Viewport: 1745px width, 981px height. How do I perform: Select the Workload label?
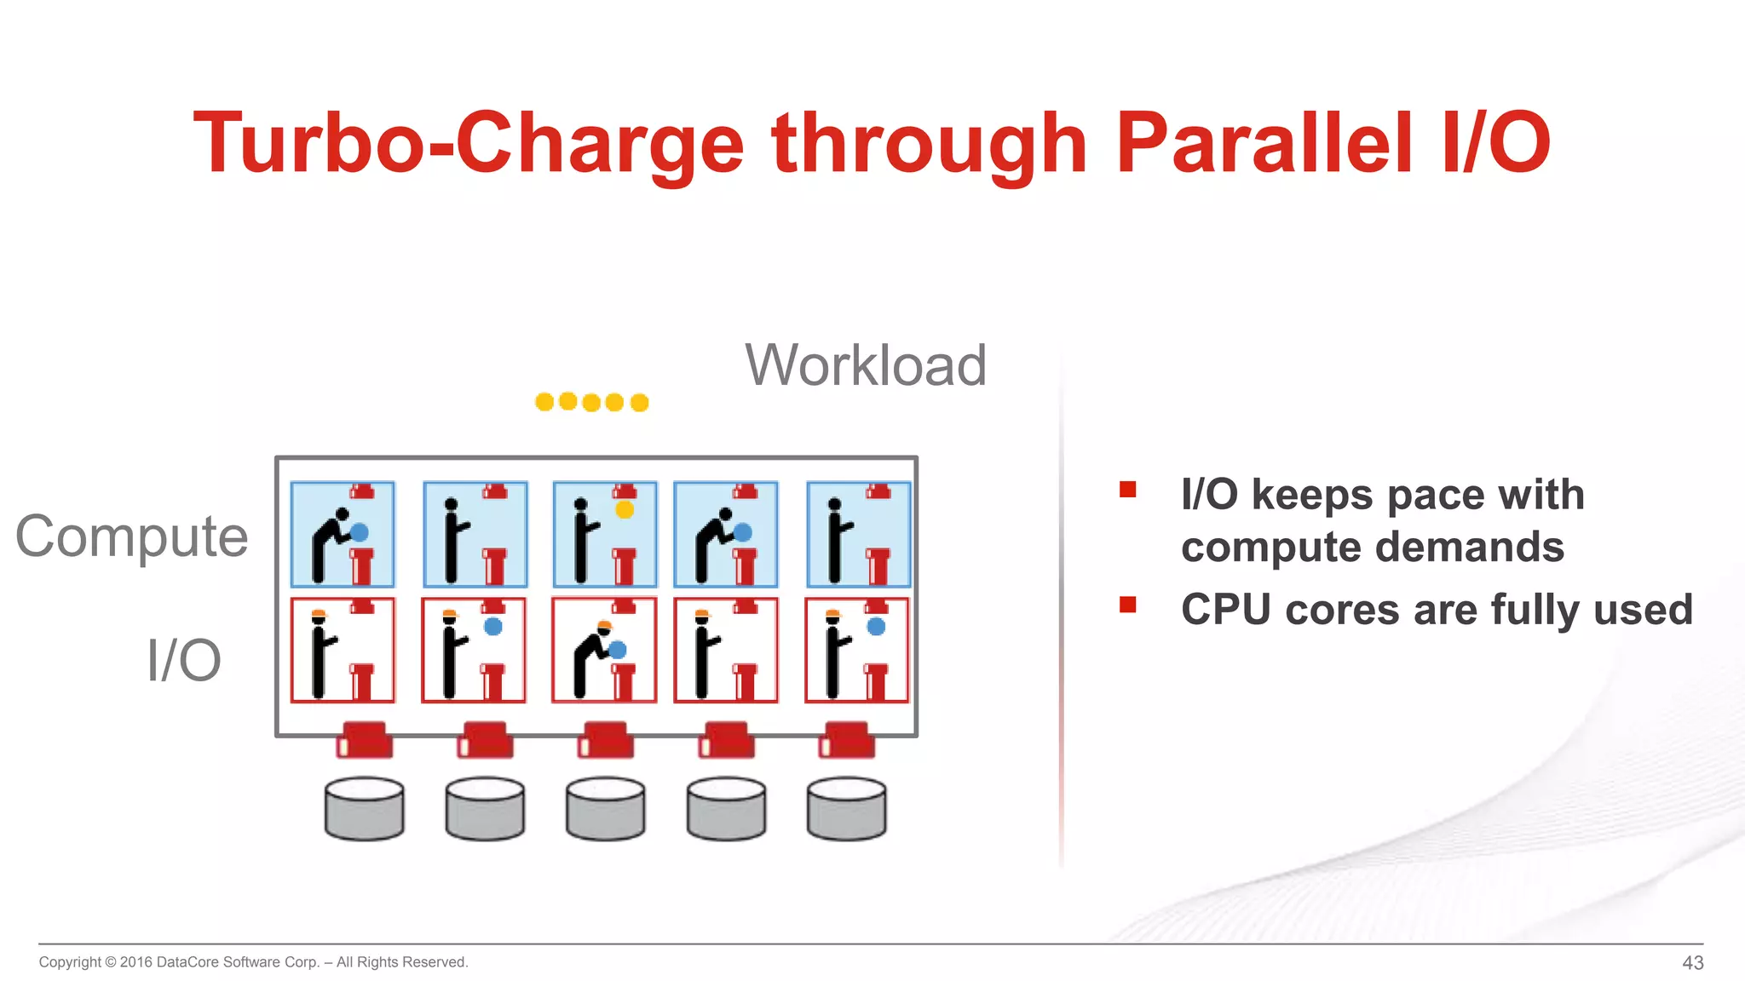click(x=866, y=365)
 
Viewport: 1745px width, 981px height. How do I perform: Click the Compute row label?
click(x=132, y=536)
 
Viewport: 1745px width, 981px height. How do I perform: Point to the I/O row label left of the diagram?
click(x=184, y=660)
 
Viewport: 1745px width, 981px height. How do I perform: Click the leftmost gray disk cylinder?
click(x=365, y=808)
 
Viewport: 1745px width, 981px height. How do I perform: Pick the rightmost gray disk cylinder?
click(x=846, y=808)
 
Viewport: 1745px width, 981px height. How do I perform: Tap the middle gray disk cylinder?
click(x=606, y=808)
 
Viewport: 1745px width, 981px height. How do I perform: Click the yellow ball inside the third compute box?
click(x=625, y=510)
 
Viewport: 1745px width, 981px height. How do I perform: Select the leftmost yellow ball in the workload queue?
click(x=544, y=402)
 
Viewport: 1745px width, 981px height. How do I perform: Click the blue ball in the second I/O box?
click(x=493, y=627)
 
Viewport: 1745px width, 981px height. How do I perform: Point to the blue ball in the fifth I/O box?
click(x=876, y=627)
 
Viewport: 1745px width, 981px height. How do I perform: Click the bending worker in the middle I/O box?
click(x=591, y=660)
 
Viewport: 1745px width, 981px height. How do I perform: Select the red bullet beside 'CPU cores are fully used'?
click(x=1128, y=605)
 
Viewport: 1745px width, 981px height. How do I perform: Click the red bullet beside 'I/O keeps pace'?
click(x=1128, y=490)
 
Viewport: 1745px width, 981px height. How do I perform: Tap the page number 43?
click(x=1692, y=962)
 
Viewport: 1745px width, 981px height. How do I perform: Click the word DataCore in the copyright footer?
click(x=187, y=962)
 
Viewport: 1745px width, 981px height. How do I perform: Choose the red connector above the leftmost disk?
click(x=365, y=740)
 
